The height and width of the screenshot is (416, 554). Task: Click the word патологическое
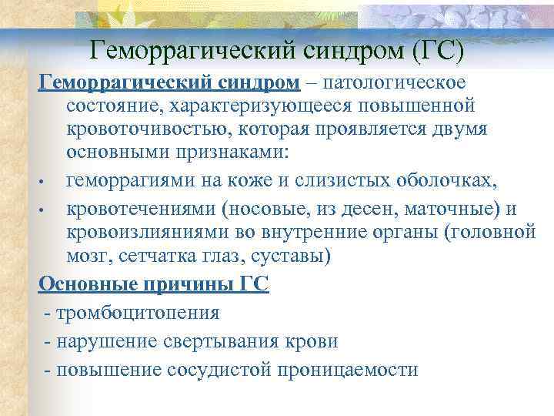pyautogui.click(x=394, y=81)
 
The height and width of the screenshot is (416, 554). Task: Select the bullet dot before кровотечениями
pyautogui.click(x=47, y=210)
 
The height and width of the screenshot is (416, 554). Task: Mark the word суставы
pyautogui.click(x=294, y=255)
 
